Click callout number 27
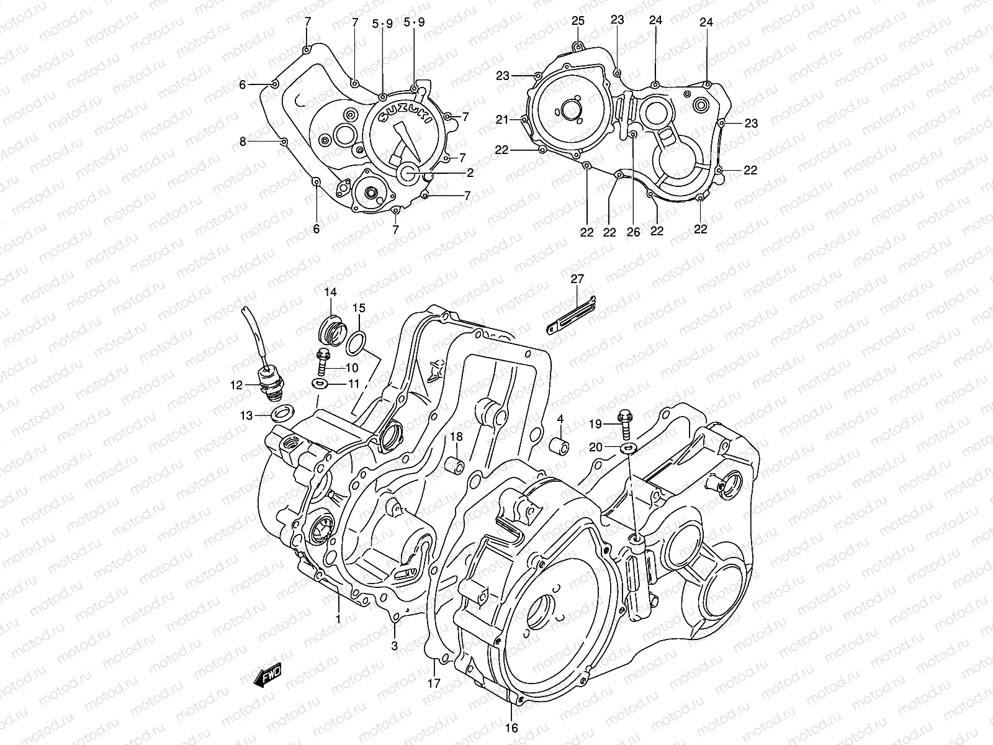point(577,279)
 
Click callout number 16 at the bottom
point(512,728)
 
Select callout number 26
point(632,232)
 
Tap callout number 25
point(578,21)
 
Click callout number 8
point(243,142)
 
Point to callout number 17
point(434,684)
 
